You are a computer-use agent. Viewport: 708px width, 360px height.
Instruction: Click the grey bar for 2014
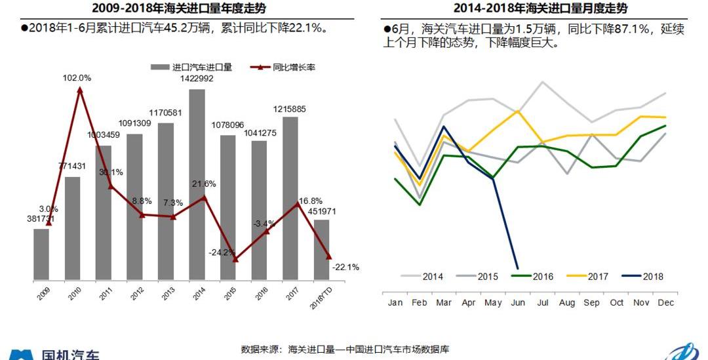tap(197, 184)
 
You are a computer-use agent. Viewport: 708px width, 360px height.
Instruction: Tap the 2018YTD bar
tap(321, 249)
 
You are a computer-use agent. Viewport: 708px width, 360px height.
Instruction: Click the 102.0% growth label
tap(77, 77)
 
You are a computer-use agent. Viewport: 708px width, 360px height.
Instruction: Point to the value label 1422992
tap(197, 79)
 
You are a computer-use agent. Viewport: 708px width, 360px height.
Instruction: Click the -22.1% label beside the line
tap(345, 267)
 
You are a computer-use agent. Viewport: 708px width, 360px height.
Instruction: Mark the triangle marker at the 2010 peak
tap(80, 89)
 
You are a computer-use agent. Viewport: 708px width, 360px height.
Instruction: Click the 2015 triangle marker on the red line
tap(235, 259)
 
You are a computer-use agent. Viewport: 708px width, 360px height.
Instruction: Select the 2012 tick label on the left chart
tap(136, 293)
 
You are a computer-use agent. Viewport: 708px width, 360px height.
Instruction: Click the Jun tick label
tap(517, 303)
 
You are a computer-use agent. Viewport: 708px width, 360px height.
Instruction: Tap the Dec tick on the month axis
tap(665, 303)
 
